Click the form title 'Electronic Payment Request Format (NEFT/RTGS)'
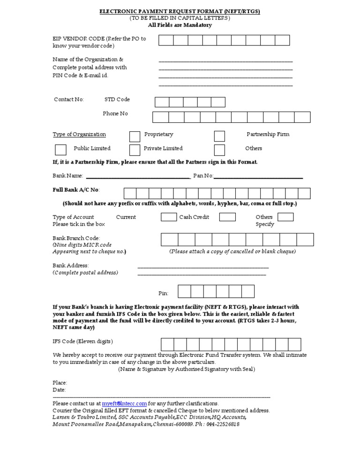180,11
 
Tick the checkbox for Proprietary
135,136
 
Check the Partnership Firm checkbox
219,136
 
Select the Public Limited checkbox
60,150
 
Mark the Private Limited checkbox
135,150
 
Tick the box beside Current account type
168,217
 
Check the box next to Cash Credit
227,217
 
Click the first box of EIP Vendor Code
166,40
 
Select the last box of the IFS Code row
294,345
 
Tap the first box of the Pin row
184,291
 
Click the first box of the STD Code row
162,102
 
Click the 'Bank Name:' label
68,176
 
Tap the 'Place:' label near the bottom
60,383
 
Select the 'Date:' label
59,390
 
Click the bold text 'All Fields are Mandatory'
180,25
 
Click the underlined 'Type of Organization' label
79,135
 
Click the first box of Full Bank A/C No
130,194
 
